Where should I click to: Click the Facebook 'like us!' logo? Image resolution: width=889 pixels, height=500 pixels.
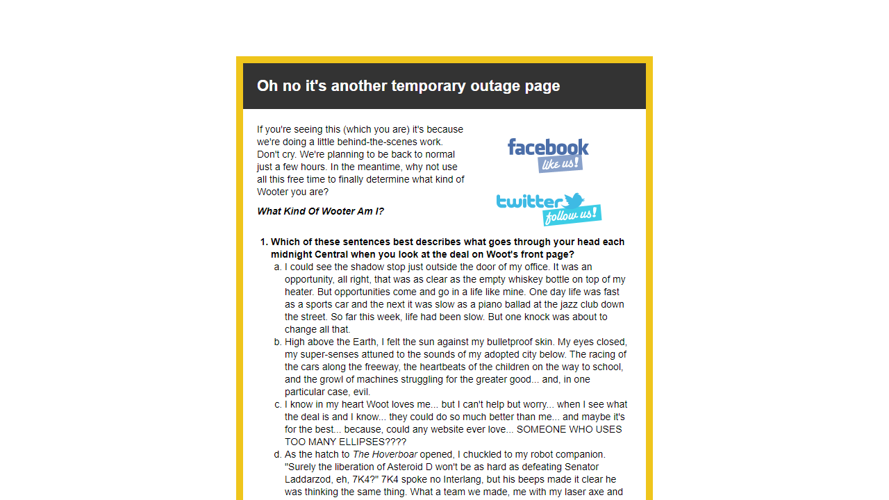click(548, 155)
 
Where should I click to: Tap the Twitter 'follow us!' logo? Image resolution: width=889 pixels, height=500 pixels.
click(549, 209)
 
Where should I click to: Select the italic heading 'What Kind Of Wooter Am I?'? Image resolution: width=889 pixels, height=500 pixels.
click(320, 211)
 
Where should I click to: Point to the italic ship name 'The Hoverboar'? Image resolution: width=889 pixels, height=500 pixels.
click(385, 454)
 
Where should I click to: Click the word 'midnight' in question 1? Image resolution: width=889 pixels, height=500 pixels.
click(291, 254)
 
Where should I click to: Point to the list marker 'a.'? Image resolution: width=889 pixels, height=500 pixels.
click(277, 267)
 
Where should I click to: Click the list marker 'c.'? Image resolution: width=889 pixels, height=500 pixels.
click(277, 404)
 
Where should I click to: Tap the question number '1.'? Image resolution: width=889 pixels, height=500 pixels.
click(264, 242)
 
